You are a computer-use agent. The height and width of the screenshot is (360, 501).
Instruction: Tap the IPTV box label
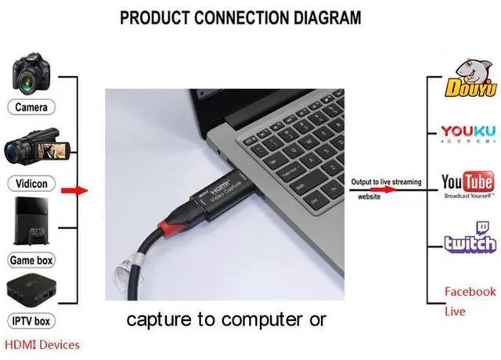31,320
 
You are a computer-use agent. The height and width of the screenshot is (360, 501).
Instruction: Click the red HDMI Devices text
42,344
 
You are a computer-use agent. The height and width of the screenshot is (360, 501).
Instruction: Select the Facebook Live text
470,301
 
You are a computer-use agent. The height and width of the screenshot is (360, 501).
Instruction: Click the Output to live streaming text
385,182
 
